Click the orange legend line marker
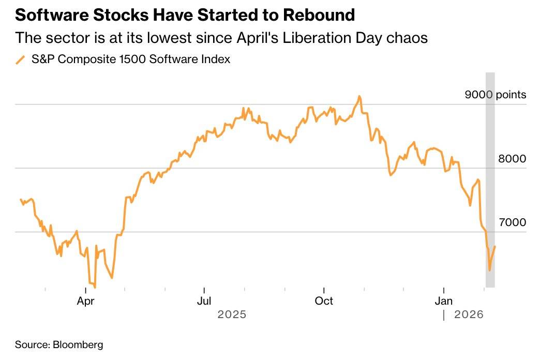[21, 60]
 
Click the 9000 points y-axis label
[494, 95]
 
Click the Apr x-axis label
[86, 301]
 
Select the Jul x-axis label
[205, 301]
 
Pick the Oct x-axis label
[324, 301]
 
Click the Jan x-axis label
[444, 301]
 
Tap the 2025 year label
[232, 314]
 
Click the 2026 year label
[469, 314]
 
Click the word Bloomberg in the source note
[77, 344]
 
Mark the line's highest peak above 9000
[359, 96]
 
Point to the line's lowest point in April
[95, 287]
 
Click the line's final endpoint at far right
[495, 246]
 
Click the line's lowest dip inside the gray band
[490, 270]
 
